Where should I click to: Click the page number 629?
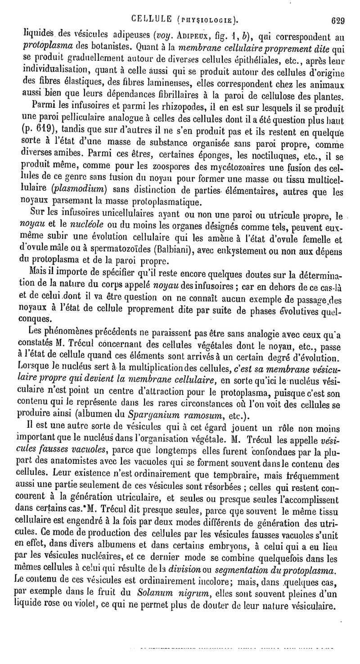coord(337,19)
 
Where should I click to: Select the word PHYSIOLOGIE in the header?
coord(207,19)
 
